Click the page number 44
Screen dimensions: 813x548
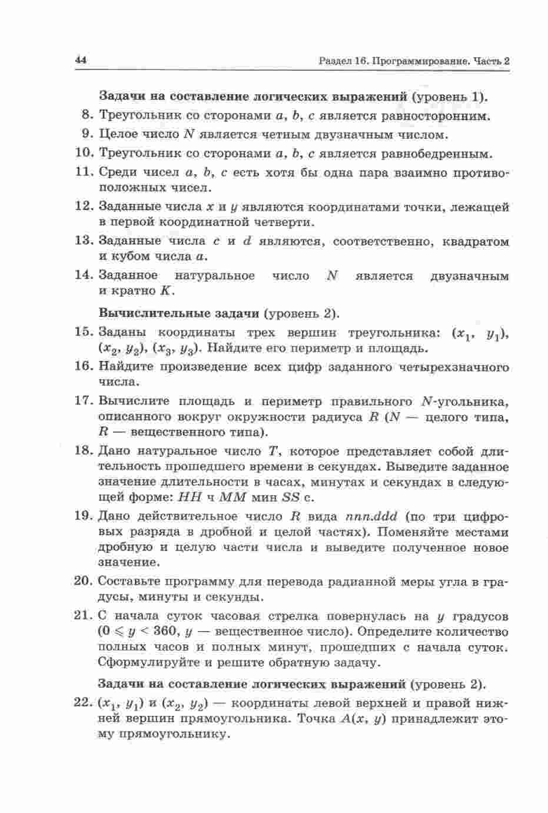pos(81,60)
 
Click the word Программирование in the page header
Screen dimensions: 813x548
pos(420,61)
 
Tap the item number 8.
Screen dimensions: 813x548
pos(88,115)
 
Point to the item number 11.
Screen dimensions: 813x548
pos(85,172)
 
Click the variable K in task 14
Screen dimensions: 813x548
pos(165,291)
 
